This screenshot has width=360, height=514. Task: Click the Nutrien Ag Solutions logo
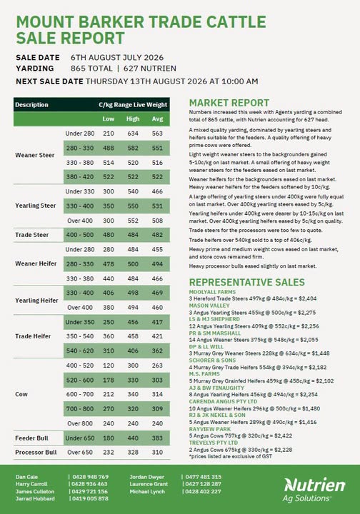point(314,490)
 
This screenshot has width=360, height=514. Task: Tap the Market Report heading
point(229,103)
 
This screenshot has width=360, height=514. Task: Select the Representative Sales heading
point(247,282)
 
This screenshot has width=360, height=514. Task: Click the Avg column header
point(157,119)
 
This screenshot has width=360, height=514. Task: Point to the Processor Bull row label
point(36,453)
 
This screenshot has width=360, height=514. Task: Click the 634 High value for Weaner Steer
point(133,133)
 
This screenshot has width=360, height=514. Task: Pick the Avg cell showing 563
point(157,133)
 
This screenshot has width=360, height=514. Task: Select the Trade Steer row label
point(32,235)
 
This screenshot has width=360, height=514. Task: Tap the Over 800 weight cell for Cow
point(80,423)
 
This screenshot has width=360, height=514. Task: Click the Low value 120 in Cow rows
point(109,366)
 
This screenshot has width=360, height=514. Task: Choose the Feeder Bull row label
point(32,438)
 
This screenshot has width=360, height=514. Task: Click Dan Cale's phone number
point(90,477)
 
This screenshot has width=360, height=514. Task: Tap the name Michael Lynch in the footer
point(147,492)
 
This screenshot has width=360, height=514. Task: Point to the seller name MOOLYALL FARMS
point(212,292)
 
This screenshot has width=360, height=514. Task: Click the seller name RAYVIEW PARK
point(210,429)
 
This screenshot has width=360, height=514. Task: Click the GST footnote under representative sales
point(231,456)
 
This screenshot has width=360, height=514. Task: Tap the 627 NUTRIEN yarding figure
point(150,69)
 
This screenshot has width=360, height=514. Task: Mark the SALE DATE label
point(38,58)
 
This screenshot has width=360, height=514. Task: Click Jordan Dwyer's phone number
point(204,477)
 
